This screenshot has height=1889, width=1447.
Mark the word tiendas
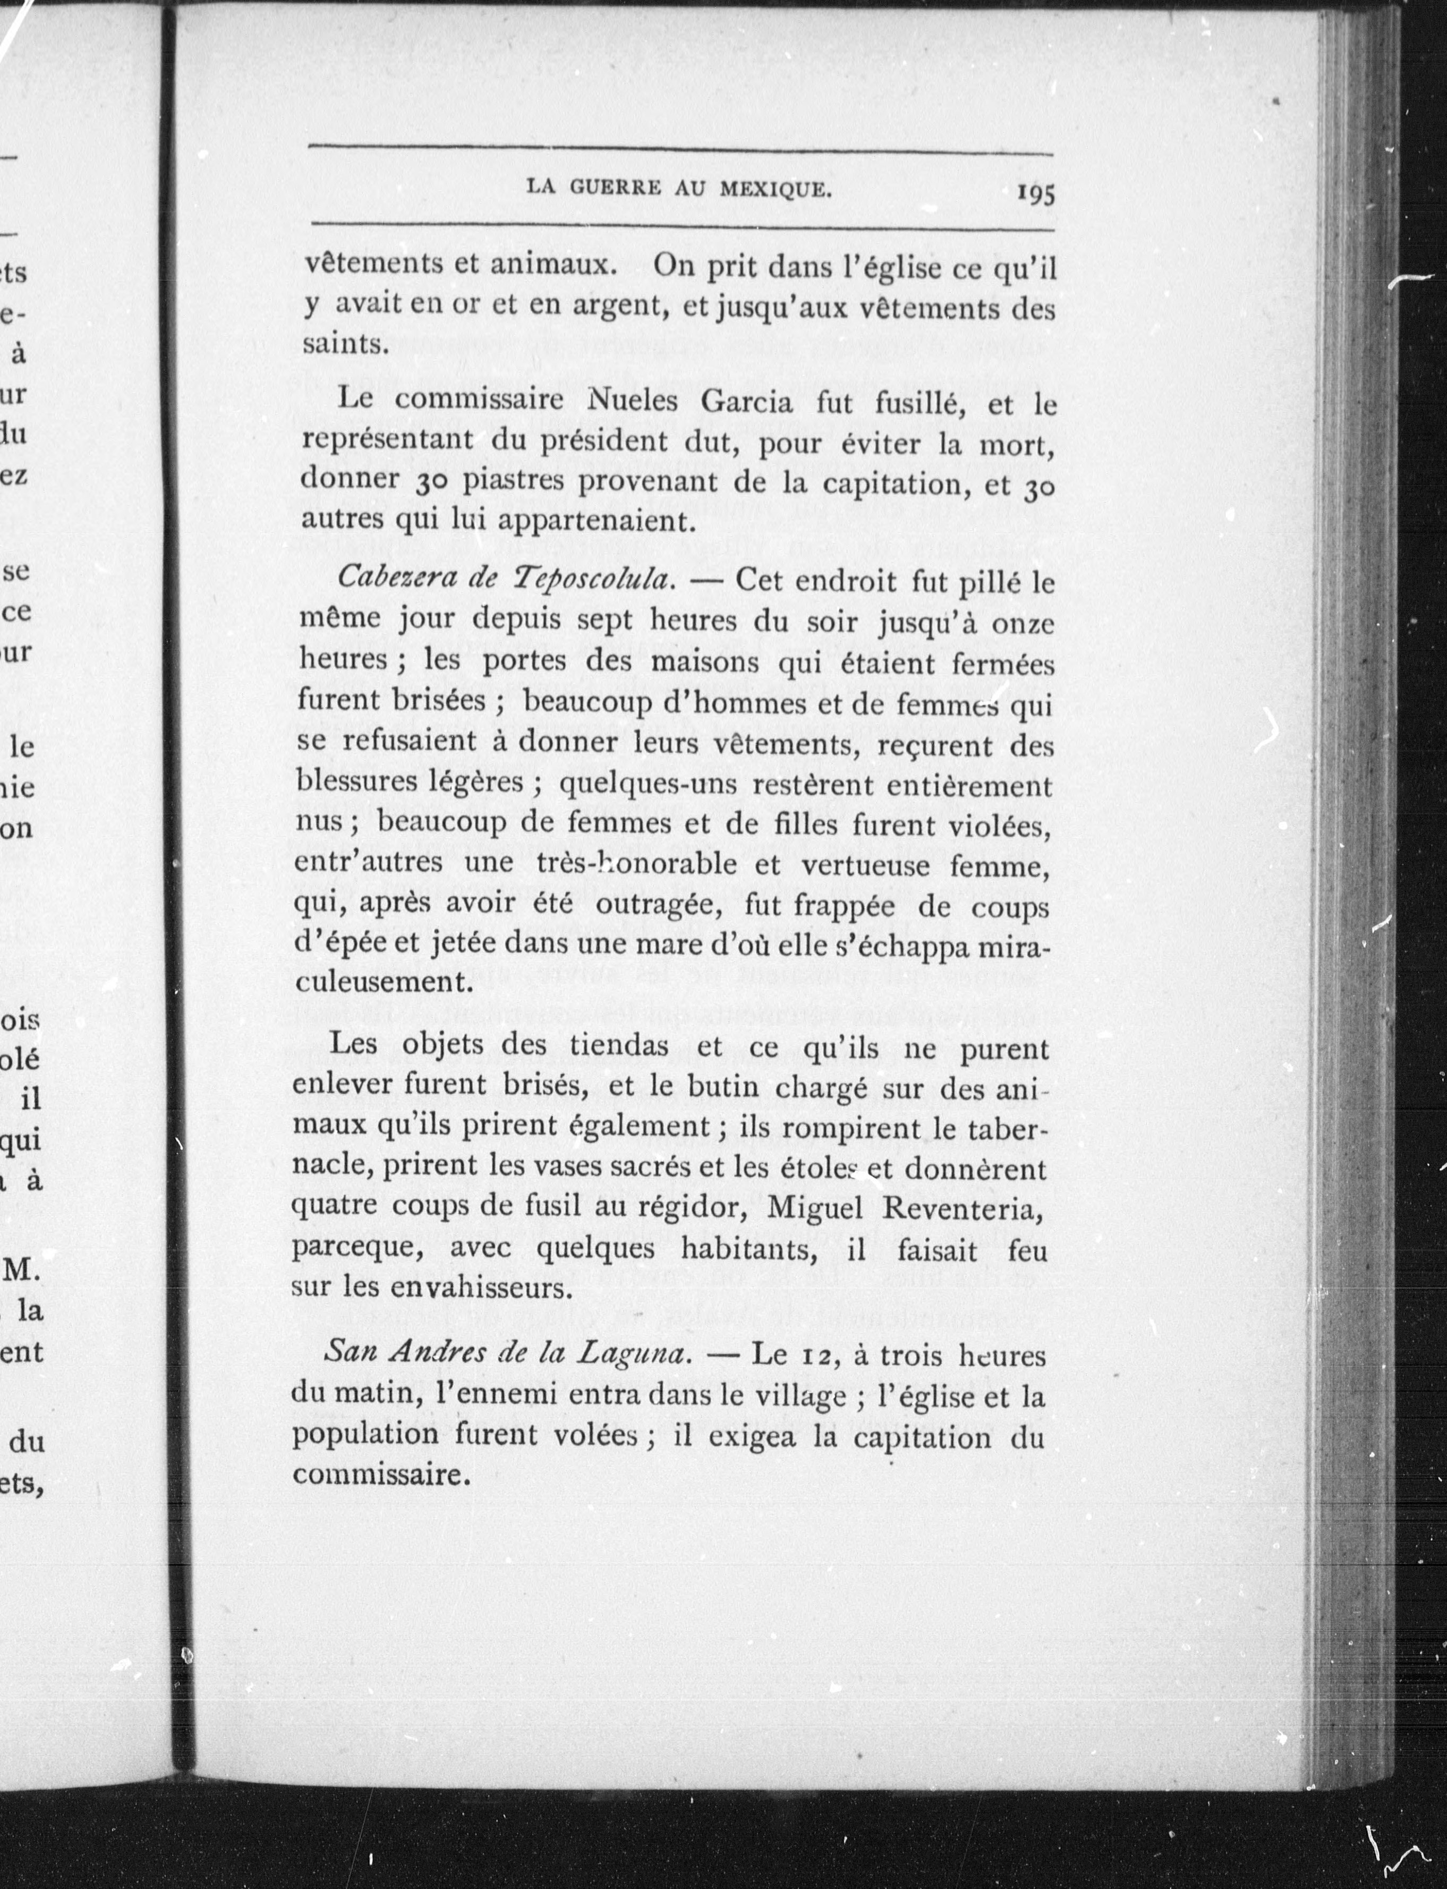click(618, 1046)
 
